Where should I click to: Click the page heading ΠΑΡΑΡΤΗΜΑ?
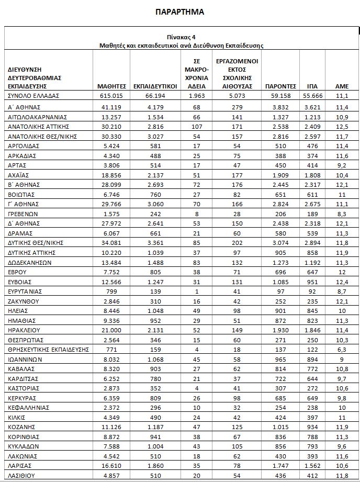(180, 12)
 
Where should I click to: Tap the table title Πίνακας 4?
(182, 37)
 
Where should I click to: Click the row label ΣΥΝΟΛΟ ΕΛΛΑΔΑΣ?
(35, 97)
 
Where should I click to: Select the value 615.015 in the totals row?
(112, 97)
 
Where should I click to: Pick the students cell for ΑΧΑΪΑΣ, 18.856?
(112, 175)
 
